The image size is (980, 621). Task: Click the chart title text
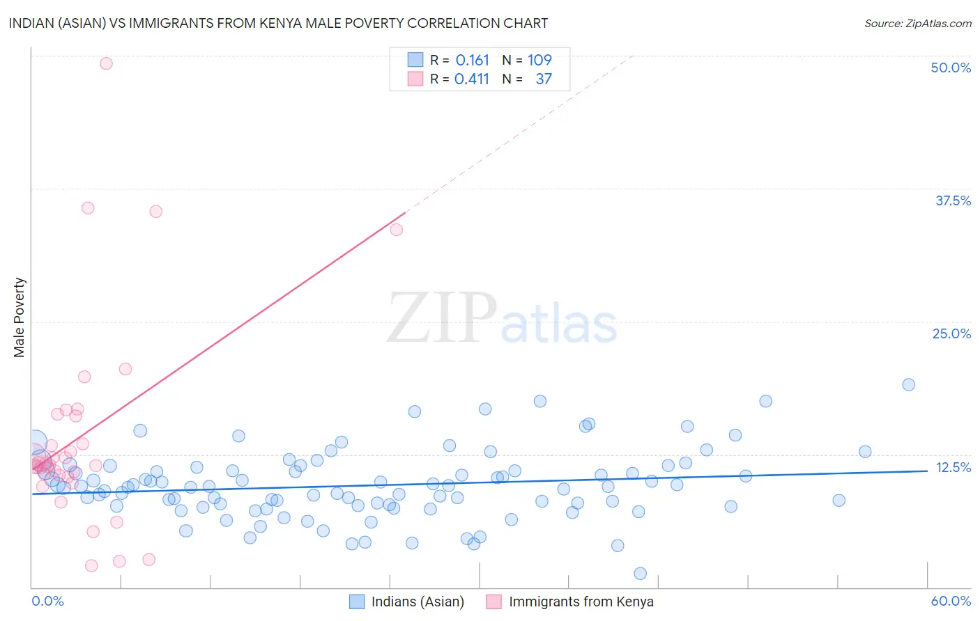pos(278,23)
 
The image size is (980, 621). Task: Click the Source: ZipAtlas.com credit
pos(917,23)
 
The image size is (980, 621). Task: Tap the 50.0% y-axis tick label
pos(951,68)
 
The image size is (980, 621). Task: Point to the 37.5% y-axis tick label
pos(953,201)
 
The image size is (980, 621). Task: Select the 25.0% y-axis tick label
pos(951,333)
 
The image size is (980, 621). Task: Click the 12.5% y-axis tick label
pos(953,467)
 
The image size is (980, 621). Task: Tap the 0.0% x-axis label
pos(47,601)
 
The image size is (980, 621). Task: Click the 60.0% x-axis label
pos(951,601)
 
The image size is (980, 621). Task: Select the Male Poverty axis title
pos(20,317)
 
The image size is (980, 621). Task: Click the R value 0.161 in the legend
pos(472,60)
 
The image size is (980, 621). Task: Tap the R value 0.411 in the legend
pos(472,79)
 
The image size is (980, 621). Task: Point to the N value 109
pos(539,60)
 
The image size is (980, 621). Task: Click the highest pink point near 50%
pos(106,63)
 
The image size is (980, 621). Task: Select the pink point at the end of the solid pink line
pos(397,230)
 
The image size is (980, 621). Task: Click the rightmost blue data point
pos(908,384)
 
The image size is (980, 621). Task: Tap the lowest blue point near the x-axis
pos(640,573)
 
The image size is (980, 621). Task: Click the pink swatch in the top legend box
pos(415,79)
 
